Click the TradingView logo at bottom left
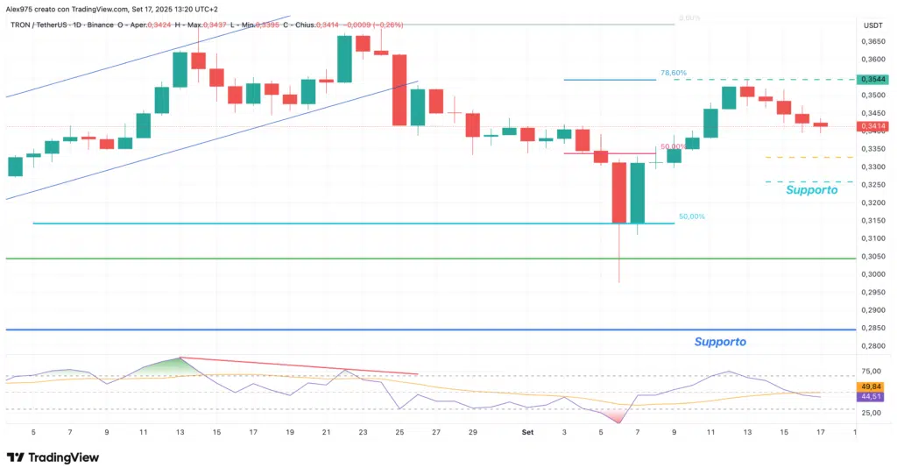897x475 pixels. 53,457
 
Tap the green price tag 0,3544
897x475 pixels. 873,79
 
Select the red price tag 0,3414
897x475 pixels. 873,126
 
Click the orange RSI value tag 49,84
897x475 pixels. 872,386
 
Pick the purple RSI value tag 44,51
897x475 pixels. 872,397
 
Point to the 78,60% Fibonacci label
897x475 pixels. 674,73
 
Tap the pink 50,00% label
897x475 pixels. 672,146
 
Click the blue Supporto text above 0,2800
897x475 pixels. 720,341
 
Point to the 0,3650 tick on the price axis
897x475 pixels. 872,41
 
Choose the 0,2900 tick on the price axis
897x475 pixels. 872,310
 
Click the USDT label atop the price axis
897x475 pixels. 872,25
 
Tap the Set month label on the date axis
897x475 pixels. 527,432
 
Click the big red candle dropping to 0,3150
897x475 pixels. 619,192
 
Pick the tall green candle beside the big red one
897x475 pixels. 637,192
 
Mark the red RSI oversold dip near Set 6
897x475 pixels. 618,417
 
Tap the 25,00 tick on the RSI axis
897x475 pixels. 872,412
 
